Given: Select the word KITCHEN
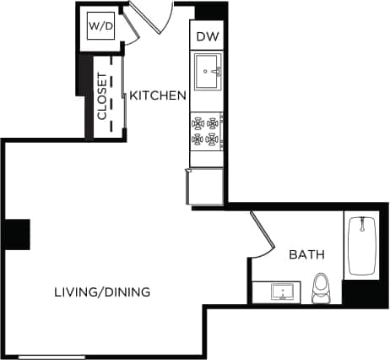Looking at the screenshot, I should pyautogui.click(x=157, y=95).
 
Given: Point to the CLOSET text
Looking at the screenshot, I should pyautogui.click(x=102, y=96).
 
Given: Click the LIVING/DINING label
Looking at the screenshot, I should pyautogui.click(x=102, y=292).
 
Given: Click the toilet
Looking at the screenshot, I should pyautogui.click(x=321, y=290).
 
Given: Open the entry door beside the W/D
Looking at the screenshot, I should pyautogui.click(x=152, y=17).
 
